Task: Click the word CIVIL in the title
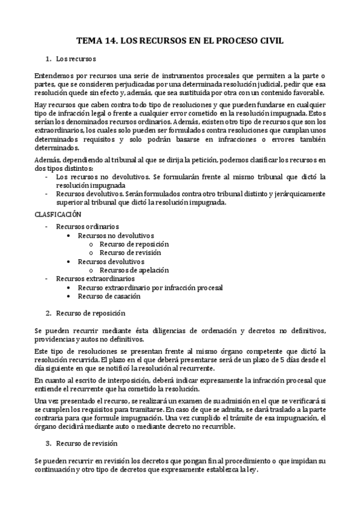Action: click(x=269, y=41)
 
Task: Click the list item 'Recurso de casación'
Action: click(x=109, y=296)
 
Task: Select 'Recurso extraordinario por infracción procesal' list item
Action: click(x=150, y=287)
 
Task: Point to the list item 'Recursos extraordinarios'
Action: click(x=87, y=279)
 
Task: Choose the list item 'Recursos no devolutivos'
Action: click(x=116, y=235)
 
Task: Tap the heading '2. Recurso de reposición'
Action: click(x=90, y=313)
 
